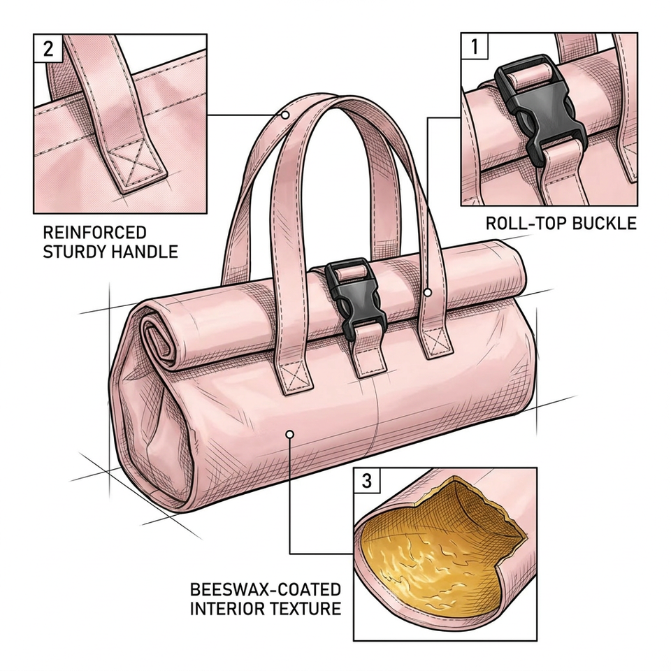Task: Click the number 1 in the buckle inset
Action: (474, 46)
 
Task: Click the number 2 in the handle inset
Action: (48, 48)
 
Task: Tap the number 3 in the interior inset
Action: (367, 481)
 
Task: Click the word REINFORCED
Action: (95, 232)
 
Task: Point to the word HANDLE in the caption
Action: (144, 252)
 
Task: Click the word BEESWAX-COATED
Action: (266, 589)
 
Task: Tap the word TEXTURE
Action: (303, 609)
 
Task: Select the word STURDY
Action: (74, 252)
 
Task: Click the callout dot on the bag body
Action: (289, 434)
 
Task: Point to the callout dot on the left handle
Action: (285, 115)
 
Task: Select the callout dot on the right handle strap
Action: (428, 293)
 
